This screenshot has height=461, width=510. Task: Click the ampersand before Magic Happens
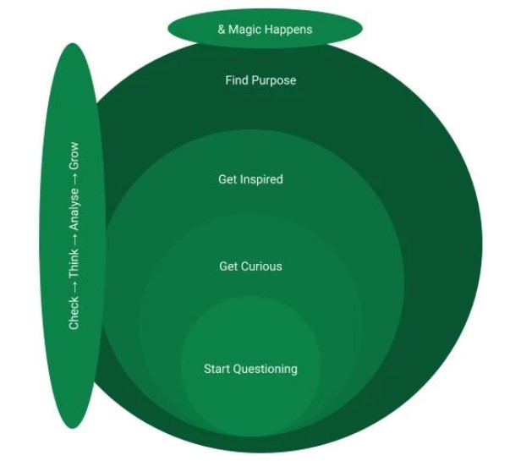coord(222,30)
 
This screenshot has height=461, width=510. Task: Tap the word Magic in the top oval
coord(245,30)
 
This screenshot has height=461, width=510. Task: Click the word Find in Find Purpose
coord(237,80)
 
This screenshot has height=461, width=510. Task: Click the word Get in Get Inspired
coord(228,179)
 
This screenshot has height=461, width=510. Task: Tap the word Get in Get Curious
coord(229,266)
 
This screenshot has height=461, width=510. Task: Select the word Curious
coord(262,266)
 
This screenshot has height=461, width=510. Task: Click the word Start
coord(217,369)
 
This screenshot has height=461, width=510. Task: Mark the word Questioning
coord(266,369)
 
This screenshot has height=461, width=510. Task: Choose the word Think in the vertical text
coord(74,263)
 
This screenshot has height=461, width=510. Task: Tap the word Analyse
coord(74,208)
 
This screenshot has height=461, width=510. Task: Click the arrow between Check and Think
coord(74,287)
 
